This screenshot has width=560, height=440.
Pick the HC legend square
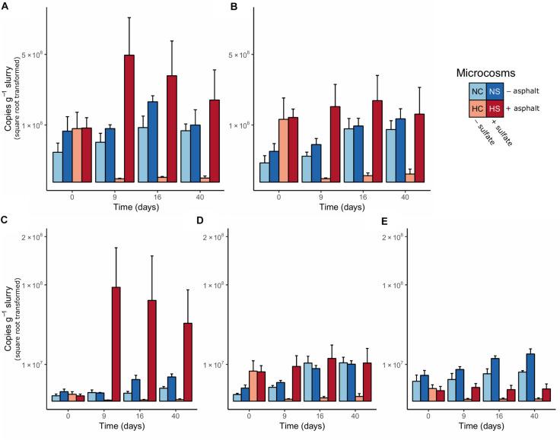click(477, 109)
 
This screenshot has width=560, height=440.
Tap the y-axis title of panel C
click(11, 318)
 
